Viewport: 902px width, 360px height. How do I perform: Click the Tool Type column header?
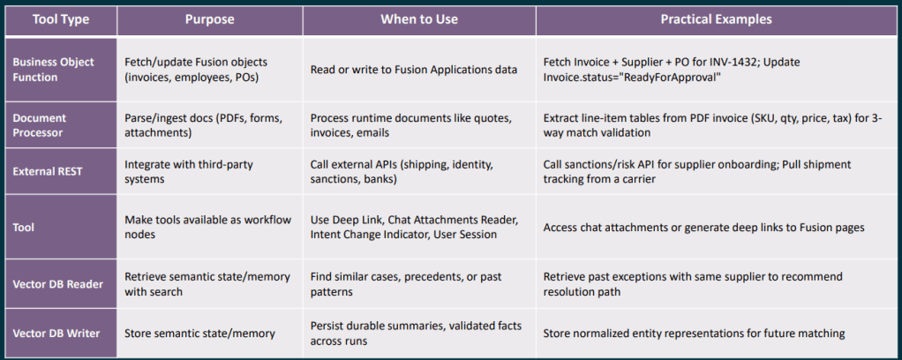tap(60, 19)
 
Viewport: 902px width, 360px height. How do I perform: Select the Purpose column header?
tap(209, 19)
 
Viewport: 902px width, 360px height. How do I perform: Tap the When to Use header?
tap(418, 19)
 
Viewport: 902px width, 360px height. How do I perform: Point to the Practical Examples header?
tap(716, 19)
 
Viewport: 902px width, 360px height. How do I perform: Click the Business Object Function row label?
tap(53, 69)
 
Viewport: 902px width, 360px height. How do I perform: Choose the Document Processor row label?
tap(39, 124)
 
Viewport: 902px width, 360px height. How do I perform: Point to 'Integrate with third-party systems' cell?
tap(189, 171)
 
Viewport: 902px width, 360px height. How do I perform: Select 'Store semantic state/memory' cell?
tap(199, 333)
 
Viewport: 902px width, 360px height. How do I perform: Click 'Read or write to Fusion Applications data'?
tap(414, 70)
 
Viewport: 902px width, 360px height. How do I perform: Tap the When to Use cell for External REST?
tap(402, 171)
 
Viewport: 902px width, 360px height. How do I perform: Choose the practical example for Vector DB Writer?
tap(695, 333)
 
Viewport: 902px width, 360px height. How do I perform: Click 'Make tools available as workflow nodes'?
tap(208, 227)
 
